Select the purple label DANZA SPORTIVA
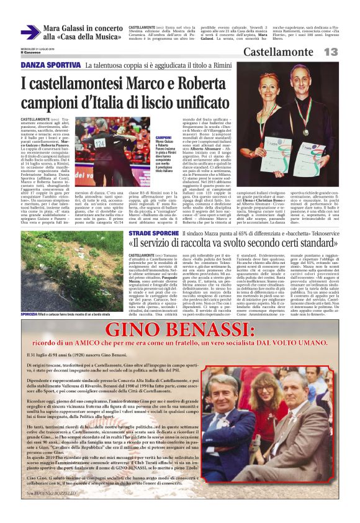click(50, 65)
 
